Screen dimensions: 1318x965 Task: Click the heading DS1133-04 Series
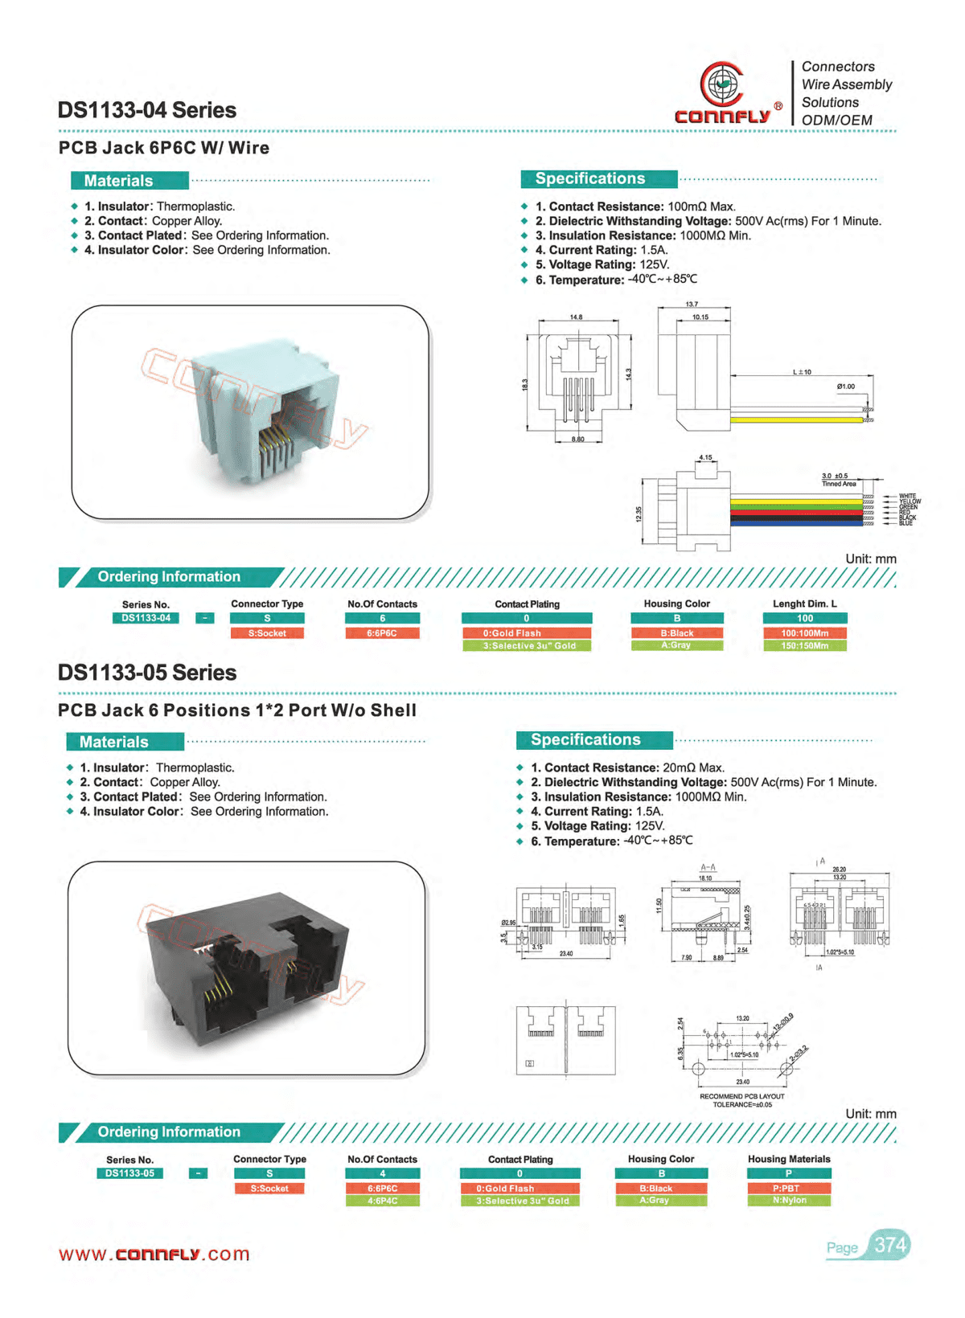[x=147, y=110]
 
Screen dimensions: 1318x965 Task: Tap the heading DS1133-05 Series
[x=147, y=673]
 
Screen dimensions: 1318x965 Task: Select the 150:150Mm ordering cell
[x=804, y=645]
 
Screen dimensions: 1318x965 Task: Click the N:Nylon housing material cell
[x=789, y=1200]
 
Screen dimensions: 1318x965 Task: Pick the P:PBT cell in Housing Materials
[x=789, y=1188]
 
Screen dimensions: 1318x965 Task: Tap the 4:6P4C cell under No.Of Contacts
[x=383, y=1201]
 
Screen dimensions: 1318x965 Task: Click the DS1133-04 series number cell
[x=146, y=618]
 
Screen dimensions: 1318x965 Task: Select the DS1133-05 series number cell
[x=129, y=1173]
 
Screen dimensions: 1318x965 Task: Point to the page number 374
[x=890, y=1245]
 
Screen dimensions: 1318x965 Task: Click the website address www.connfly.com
[x=154, y=1255]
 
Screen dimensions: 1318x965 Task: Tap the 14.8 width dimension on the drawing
[x=577, y=317]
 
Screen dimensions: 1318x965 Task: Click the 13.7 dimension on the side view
[x=692, y=305]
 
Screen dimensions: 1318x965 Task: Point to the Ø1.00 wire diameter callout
[x=845, y=387]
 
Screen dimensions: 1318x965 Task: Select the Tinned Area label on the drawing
[x=839, y=484]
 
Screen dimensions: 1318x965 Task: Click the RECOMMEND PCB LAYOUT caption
[x=741, y=1096]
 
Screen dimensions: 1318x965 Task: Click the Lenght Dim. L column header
[x=804, y=604]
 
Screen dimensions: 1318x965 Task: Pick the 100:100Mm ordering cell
[x=804, y=633]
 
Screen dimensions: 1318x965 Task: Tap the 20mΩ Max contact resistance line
[x=627, y=767]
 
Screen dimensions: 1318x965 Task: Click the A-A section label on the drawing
[x=708, y=867]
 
